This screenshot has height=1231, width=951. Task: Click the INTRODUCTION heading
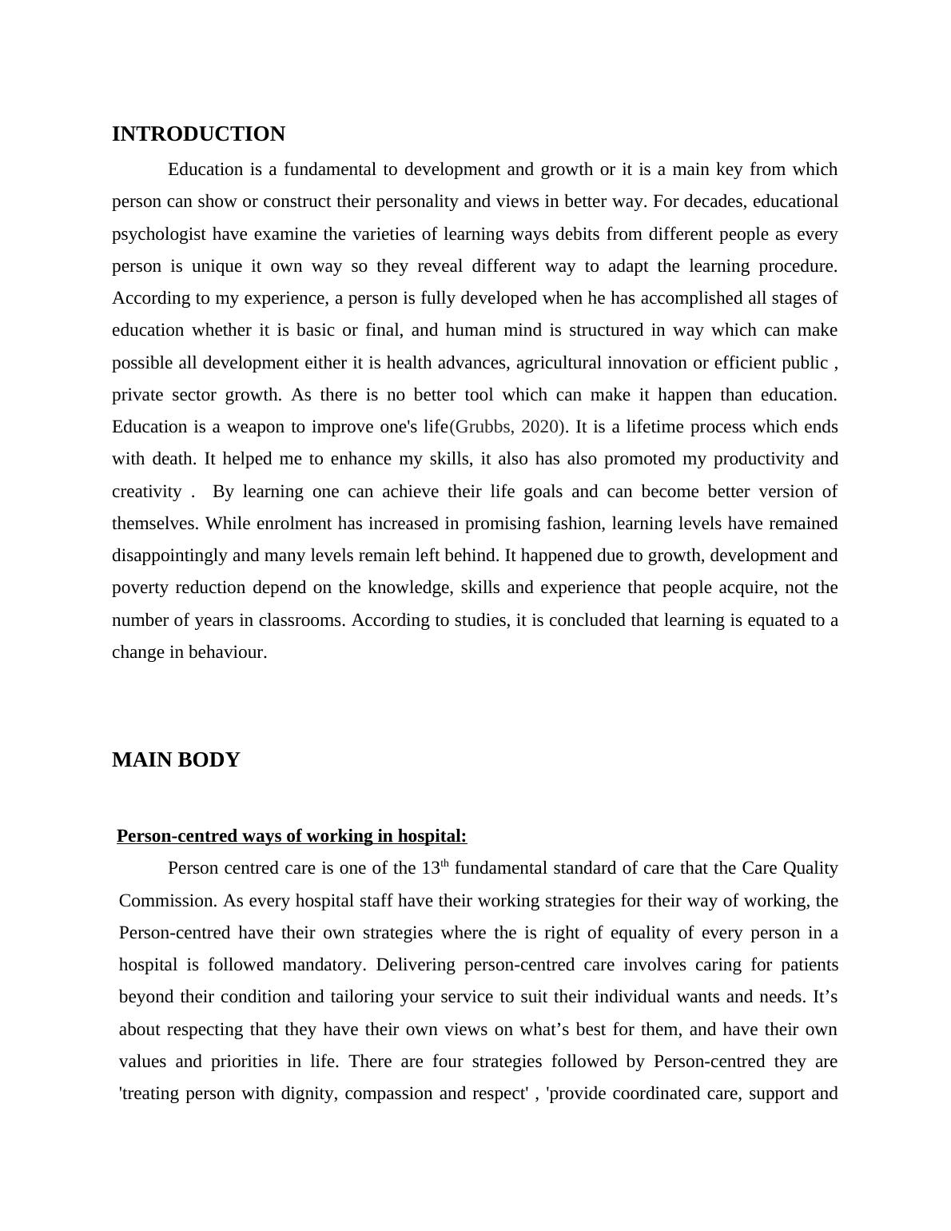pos(198,134)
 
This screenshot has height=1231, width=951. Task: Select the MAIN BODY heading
pos(176,760)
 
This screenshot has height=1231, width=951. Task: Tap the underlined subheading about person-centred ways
pos(292,836)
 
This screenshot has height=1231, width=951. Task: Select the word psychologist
pos(159,234)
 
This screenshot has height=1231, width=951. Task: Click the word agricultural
pos(559,363)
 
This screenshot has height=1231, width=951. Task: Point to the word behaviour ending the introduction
pos(227,652)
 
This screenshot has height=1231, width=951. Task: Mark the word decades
pos(712,201)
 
